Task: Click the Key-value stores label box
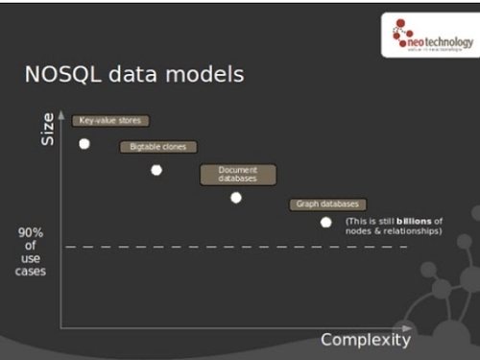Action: point(110,121)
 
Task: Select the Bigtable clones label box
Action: point(158,147)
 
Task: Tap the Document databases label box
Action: point(238,174)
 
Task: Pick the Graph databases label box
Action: point(327,204)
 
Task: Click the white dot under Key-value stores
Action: point(84,143)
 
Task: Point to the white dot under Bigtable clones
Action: point(156,170)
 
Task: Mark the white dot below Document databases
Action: point(236,198)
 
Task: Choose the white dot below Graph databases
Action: point(326,222)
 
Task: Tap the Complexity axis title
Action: point(365,340)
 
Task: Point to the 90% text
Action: point(30,232)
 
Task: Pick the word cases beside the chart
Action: point(30,271)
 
